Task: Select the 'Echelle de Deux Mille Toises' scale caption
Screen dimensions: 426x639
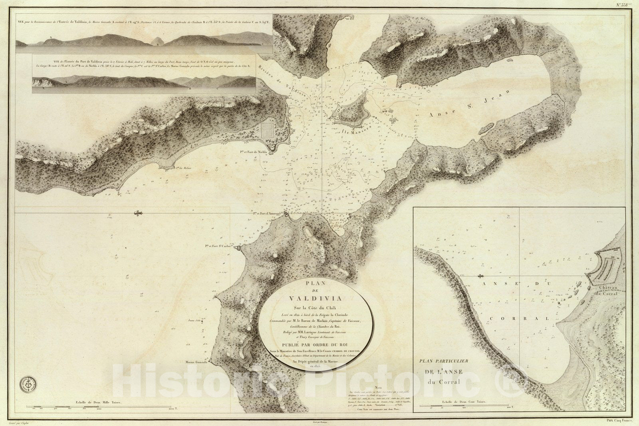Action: point(95,402)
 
